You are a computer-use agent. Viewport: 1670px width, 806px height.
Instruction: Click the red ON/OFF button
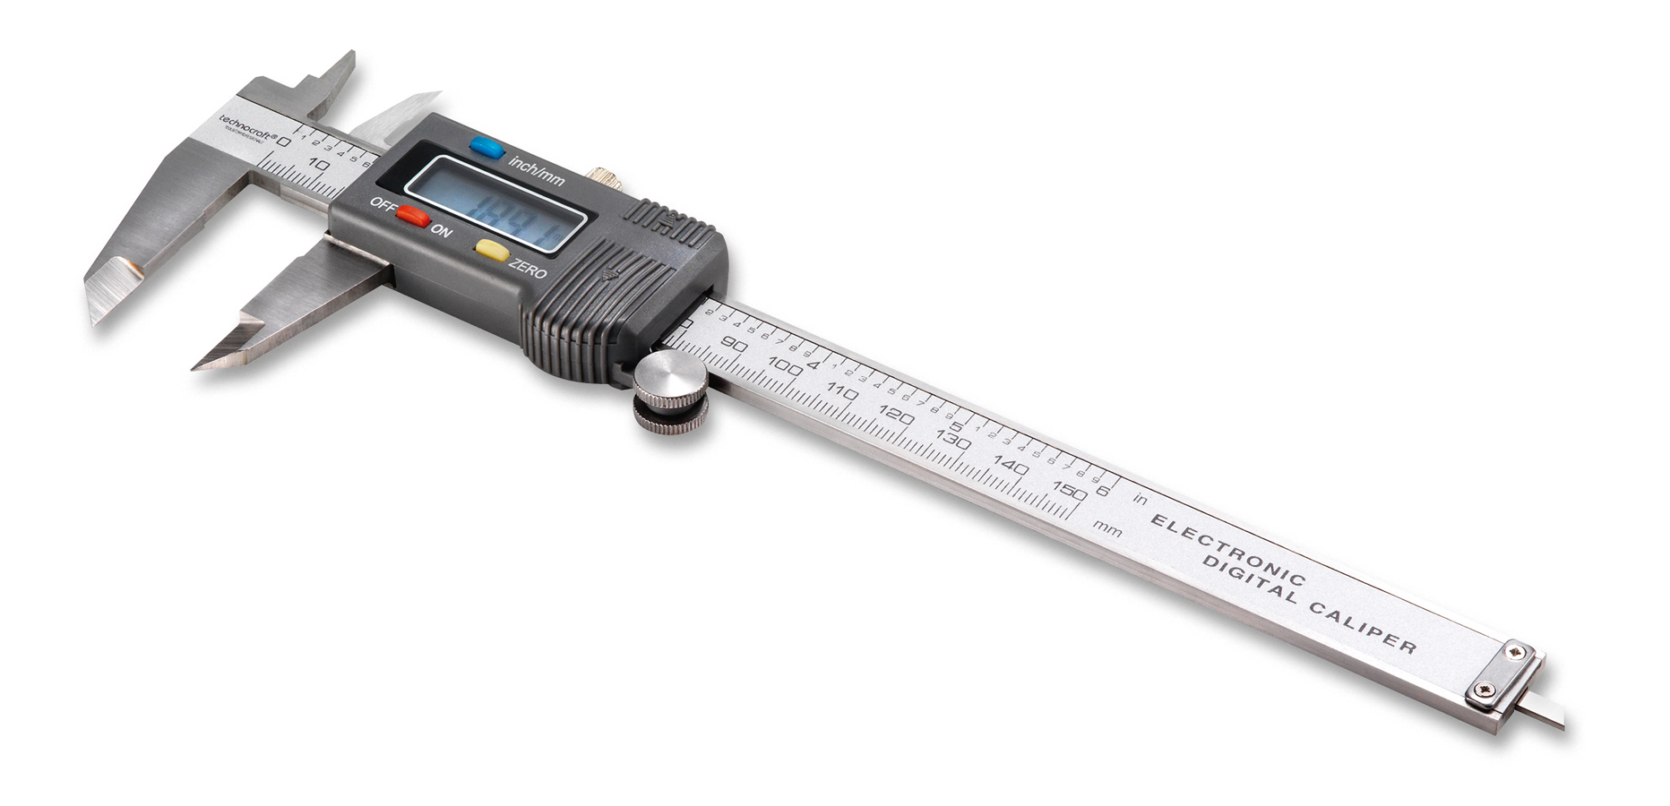[x=413, y=216]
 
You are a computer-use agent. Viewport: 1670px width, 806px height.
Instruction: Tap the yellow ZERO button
[x=492, y=250]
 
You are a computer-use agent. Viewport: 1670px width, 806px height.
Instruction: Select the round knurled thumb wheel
[x=670, y=390]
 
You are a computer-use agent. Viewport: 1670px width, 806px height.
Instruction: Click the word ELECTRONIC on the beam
[x=1227, y=550]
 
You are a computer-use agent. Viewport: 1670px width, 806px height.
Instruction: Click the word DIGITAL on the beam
[x=1249, y=579]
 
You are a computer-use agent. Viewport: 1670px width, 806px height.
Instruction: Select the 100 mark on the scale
[x=786, y=366]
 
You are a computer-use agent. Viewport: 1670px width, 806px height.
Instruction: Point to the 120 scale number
[x=896, y=415]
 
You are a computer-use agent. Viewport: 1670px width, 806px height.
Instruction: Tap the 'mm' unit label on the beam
[x=1107, y=528]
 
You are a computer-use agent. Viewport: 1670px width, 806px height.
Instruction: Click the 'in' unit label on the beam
[x=1140, y=498]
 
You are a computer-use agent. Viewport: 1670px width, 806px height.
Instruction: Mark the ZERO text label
[x=527, y=267]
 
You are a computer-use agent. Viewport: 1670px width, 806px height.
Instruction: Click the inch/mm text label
[x=537, y=171]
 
